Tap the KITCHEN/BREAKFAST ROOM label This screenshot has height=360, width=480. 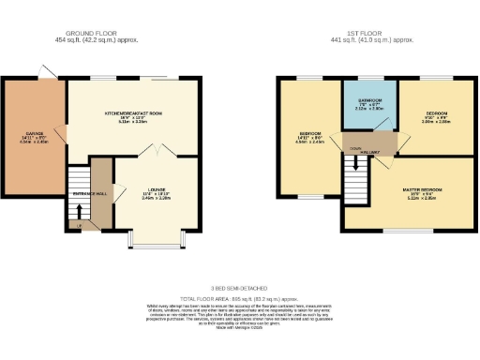pos(133,112)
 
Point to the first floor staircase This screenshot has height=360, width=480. pos(354,165)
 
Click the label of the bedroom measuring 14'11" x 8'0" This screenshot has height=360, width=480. pos(309,133)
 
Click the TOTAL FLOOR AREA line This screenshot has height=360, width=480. pos(240,296)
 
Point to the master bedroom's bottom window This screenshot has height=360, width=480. pos(410,231)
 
